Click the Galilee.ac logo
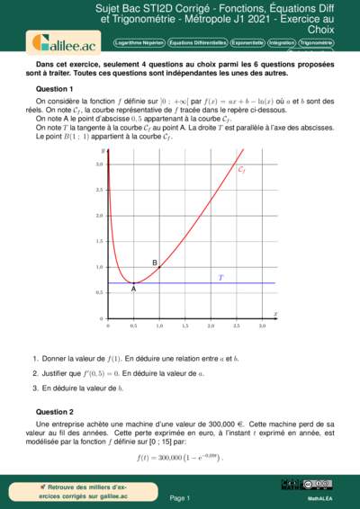coord(53,42)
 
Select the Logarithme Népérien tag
coord(140,42)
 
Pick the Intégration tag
coord(283,42)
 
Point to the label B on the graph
coord(156,263)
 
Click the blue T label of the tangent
coord(220,278)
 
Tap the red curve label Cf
coord(241,169)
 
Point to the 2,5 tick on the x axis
coord(236,325)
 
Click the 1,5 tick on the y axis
coord(100,241)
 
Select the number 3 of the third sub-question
coord(34,388)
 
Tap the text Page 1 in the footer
coord(180,497)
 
